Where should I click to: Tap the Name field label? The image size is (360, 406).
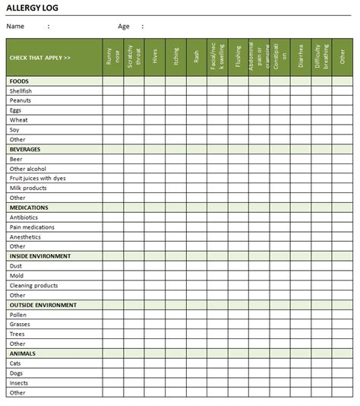coord(16,27)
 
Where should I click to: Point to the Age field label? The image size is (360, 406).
coord(124,27)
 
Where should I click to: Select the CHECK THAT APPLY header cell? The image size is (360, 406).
coord(40,58)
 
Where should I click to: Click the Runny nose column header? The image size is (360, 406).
coord(112,58)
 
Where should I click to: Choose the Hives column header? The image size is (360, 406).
coord(155,58)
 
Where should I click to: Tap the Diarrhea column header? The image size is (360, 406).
coord(301,58)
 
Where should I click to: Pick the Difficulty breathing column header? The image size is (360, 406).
coord(322,58)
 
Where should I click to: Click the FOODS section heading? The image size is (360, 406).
coord(19,81)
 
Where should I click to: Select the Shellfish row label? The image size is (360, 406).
coord(21,90)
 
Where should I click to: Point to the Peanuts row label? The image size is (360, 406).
coord(21,100)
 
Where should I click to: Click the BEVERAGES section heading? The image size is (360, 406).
coord(25,149)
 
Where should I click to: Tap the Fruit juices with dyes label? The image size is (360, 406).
coord(38,179)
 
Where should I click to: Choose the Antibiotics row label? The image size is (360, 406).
coord(24,217)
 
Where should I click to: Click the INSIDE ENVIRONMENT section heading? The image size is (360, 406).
coord(40,256)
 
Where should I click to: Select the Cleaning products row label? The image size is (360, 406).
coord(33,285)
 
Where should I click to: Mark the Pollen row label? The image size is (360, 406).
coord(18,315)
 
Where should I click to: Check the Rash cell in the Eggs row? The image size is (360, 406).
coord(197,110)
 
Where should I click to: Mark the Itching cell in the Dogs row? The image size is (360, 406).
coord(175,373)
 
